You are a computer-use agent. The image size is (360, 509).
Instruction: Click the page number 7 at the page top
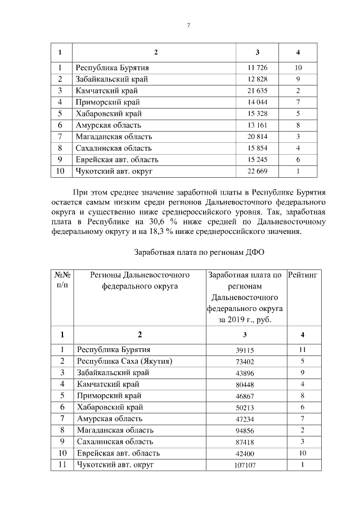click(x=188, y=25)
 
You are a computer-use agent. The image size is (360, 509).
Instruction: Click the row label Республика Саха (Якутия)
click(x=124, y=361)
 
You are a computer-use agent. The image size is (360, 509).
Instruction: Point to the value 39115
click(x=245, y=350)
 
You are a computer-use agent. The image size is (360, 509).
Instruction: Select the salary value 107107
click(x=245, y=465)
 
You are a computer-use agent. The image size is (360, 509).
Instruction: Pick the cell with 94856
click(x=245, y=430)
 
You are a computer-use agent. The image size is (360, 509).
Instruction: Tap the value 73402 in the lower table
click(x=245, y=361)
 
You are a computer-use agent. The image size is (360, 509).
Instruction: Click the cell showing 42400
click(x=245, y=453)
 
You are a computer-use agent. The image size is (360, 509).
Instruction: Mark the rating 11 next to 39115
click(x=303, y=350)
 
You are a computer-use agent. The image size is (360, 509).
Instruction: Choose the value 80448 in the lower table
click(x=245, y=385)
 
